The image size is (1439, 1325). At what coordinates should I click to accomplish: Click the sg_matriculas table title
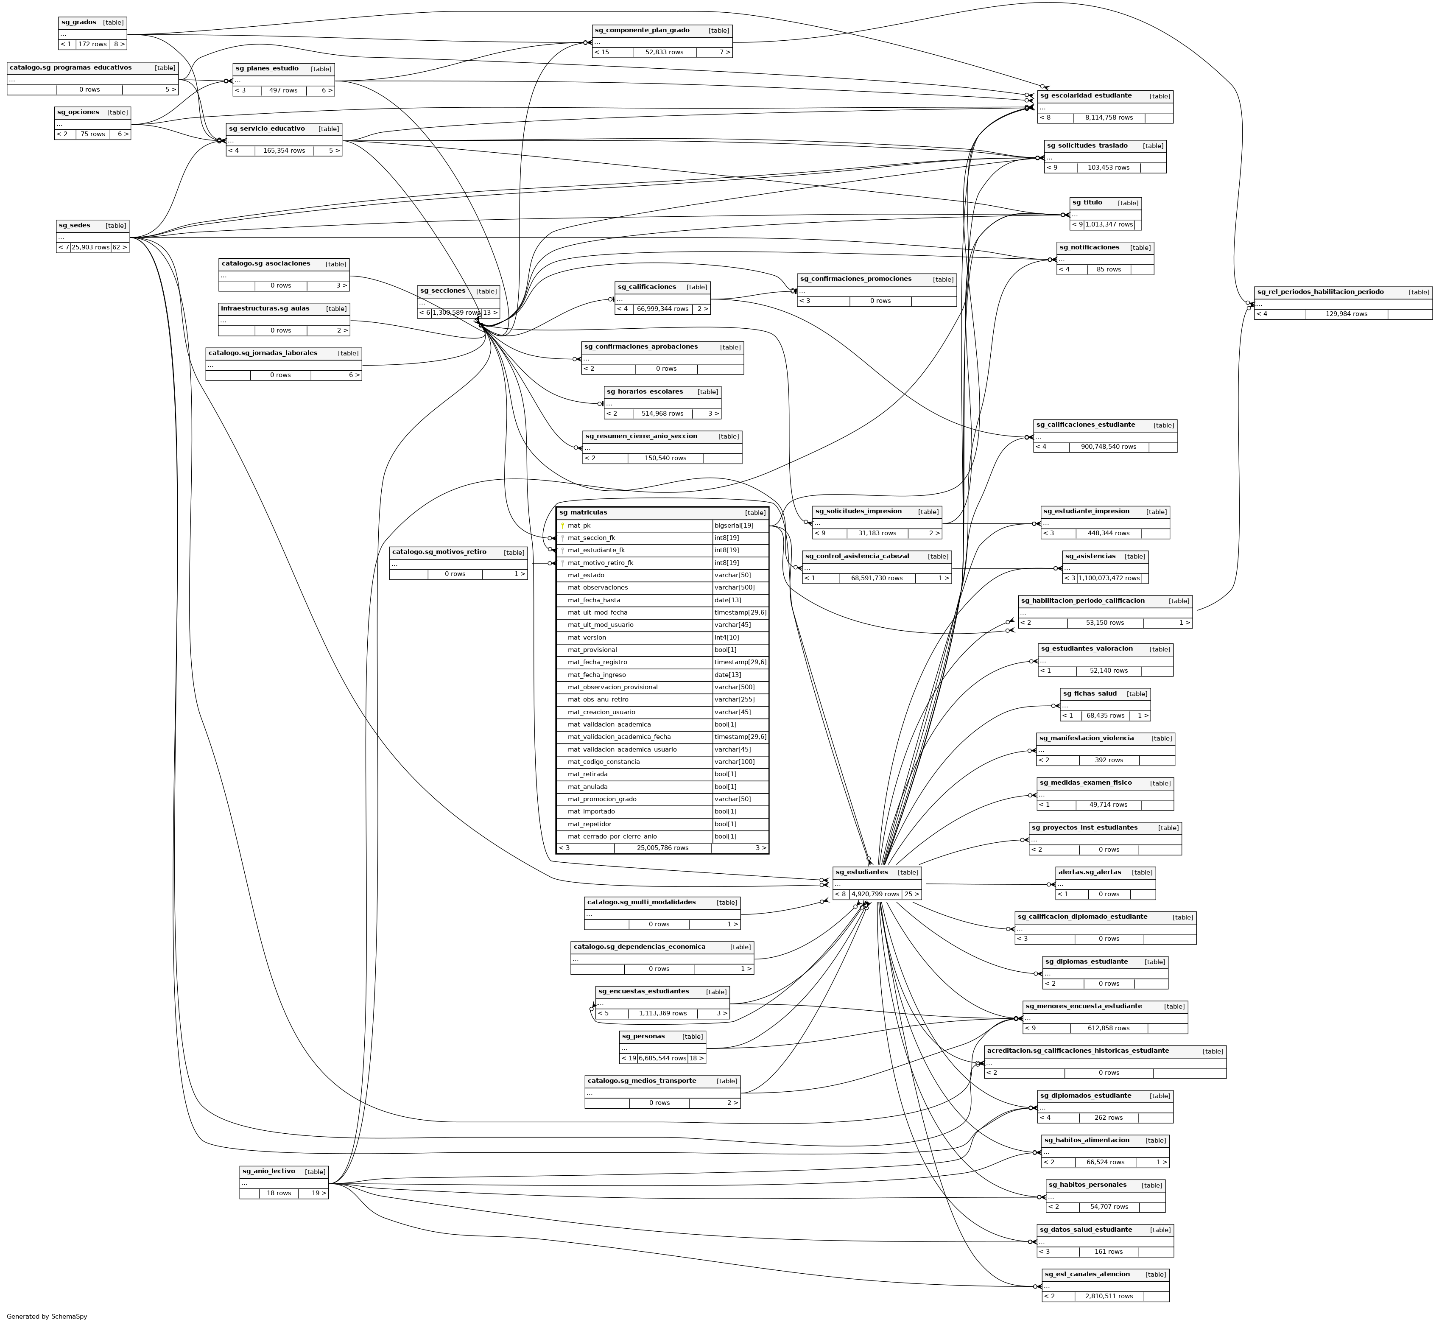(583, 513)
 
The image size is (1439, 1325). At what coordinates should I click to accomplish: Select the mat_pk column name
(579, 526)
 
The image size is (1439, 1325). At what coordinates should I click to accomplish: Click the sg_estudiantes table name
(861, 872)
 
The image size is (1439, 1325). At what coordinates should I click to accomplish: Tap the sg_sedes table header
(74, 225)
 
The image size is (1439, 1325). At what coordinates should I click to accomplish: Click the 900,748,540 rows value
(1109, 447)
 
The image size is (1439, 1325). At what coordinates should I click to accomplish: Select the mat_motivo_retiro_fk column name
(601, 563)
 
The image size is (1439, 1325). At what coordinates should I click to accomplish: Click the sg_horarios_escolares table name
(645, 391)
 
